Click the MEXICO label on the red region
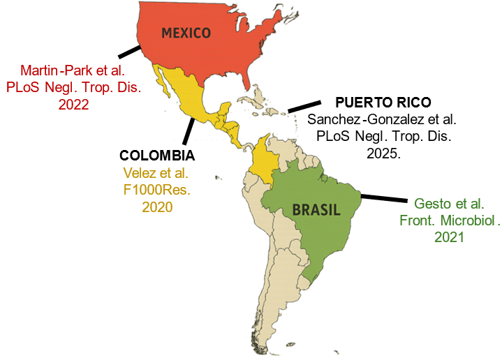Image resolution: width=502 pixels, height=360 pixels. point(186,33)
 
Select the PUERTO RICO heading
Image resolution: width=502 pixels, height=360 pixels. point(378,102)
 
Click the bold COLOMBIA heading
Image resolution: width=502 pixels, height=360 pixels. point(157,155)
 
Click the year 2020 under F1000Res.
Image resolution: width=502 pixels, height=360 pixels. point(157,207)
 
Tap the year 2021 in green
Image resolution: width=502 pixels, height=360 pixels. point(449,237)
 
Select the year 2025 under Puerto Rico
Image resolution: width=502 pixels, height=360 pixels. point(383,153)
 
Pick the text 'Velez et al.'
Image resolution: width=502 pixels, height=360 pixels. point(157,172)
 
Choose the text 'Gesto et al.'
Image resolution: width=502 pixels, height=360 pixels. point(449,204)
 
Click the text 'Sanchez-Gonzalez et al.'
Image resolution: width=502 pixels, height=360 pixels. point(382,119)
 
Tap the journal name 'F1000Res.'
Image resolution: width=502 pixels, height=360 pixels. point(157,189)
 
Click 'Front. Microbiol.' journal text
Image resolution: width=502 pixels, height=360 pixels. point(450,220)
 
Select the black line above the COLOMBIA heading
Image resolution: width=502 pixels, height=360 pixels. point(188,130)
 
